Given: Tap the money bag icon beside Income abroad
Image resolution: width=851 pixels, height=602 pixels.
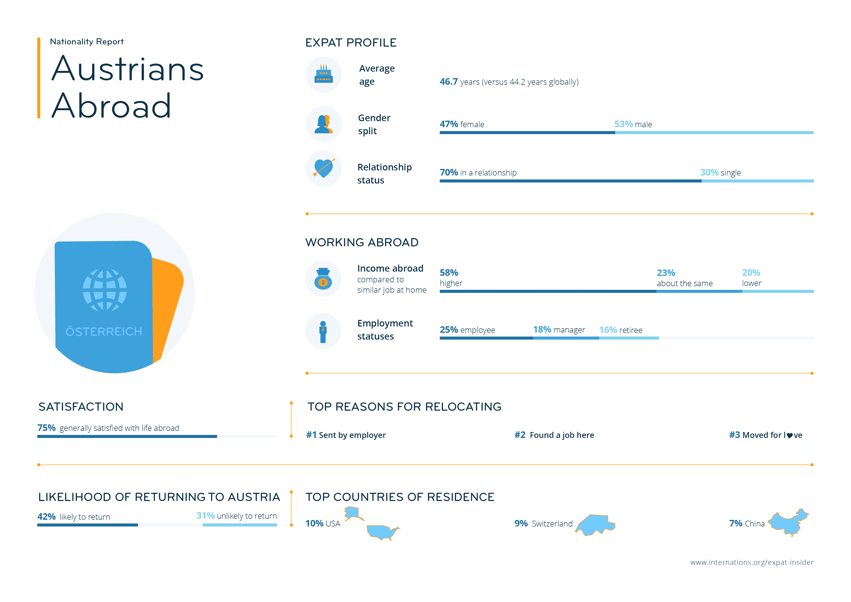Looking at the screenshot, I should [323, 279].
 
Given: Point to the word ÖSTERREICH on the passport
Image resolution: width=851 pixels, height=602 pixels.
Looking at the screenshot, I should [104, 332].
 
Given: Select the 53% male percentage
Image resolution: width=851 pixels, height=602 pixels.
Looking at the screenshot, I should [623, 124].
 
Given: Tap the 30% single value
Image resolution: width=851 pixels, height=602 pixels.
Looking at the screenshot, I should [709, 173].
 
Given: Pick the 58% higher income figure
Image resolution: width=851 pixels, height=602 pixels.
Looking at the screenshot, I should [449, 273].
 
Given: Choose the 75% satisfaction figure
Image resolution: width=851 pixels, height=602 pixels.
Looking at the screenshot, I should [46, 428].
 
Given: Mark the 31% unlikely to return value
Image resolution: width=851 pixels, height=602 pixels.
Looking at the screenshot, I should [205, 516].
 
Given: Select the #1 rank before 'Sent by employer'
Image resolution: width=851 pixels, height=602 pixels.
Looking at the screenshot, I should [311, 435].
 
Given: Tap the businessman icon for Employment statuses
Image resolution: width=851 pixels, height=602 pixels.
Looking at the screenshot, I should [323, 332].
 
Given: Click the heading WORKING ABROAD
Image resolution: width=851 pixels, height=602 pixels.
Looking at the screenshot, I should [362, 242].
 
